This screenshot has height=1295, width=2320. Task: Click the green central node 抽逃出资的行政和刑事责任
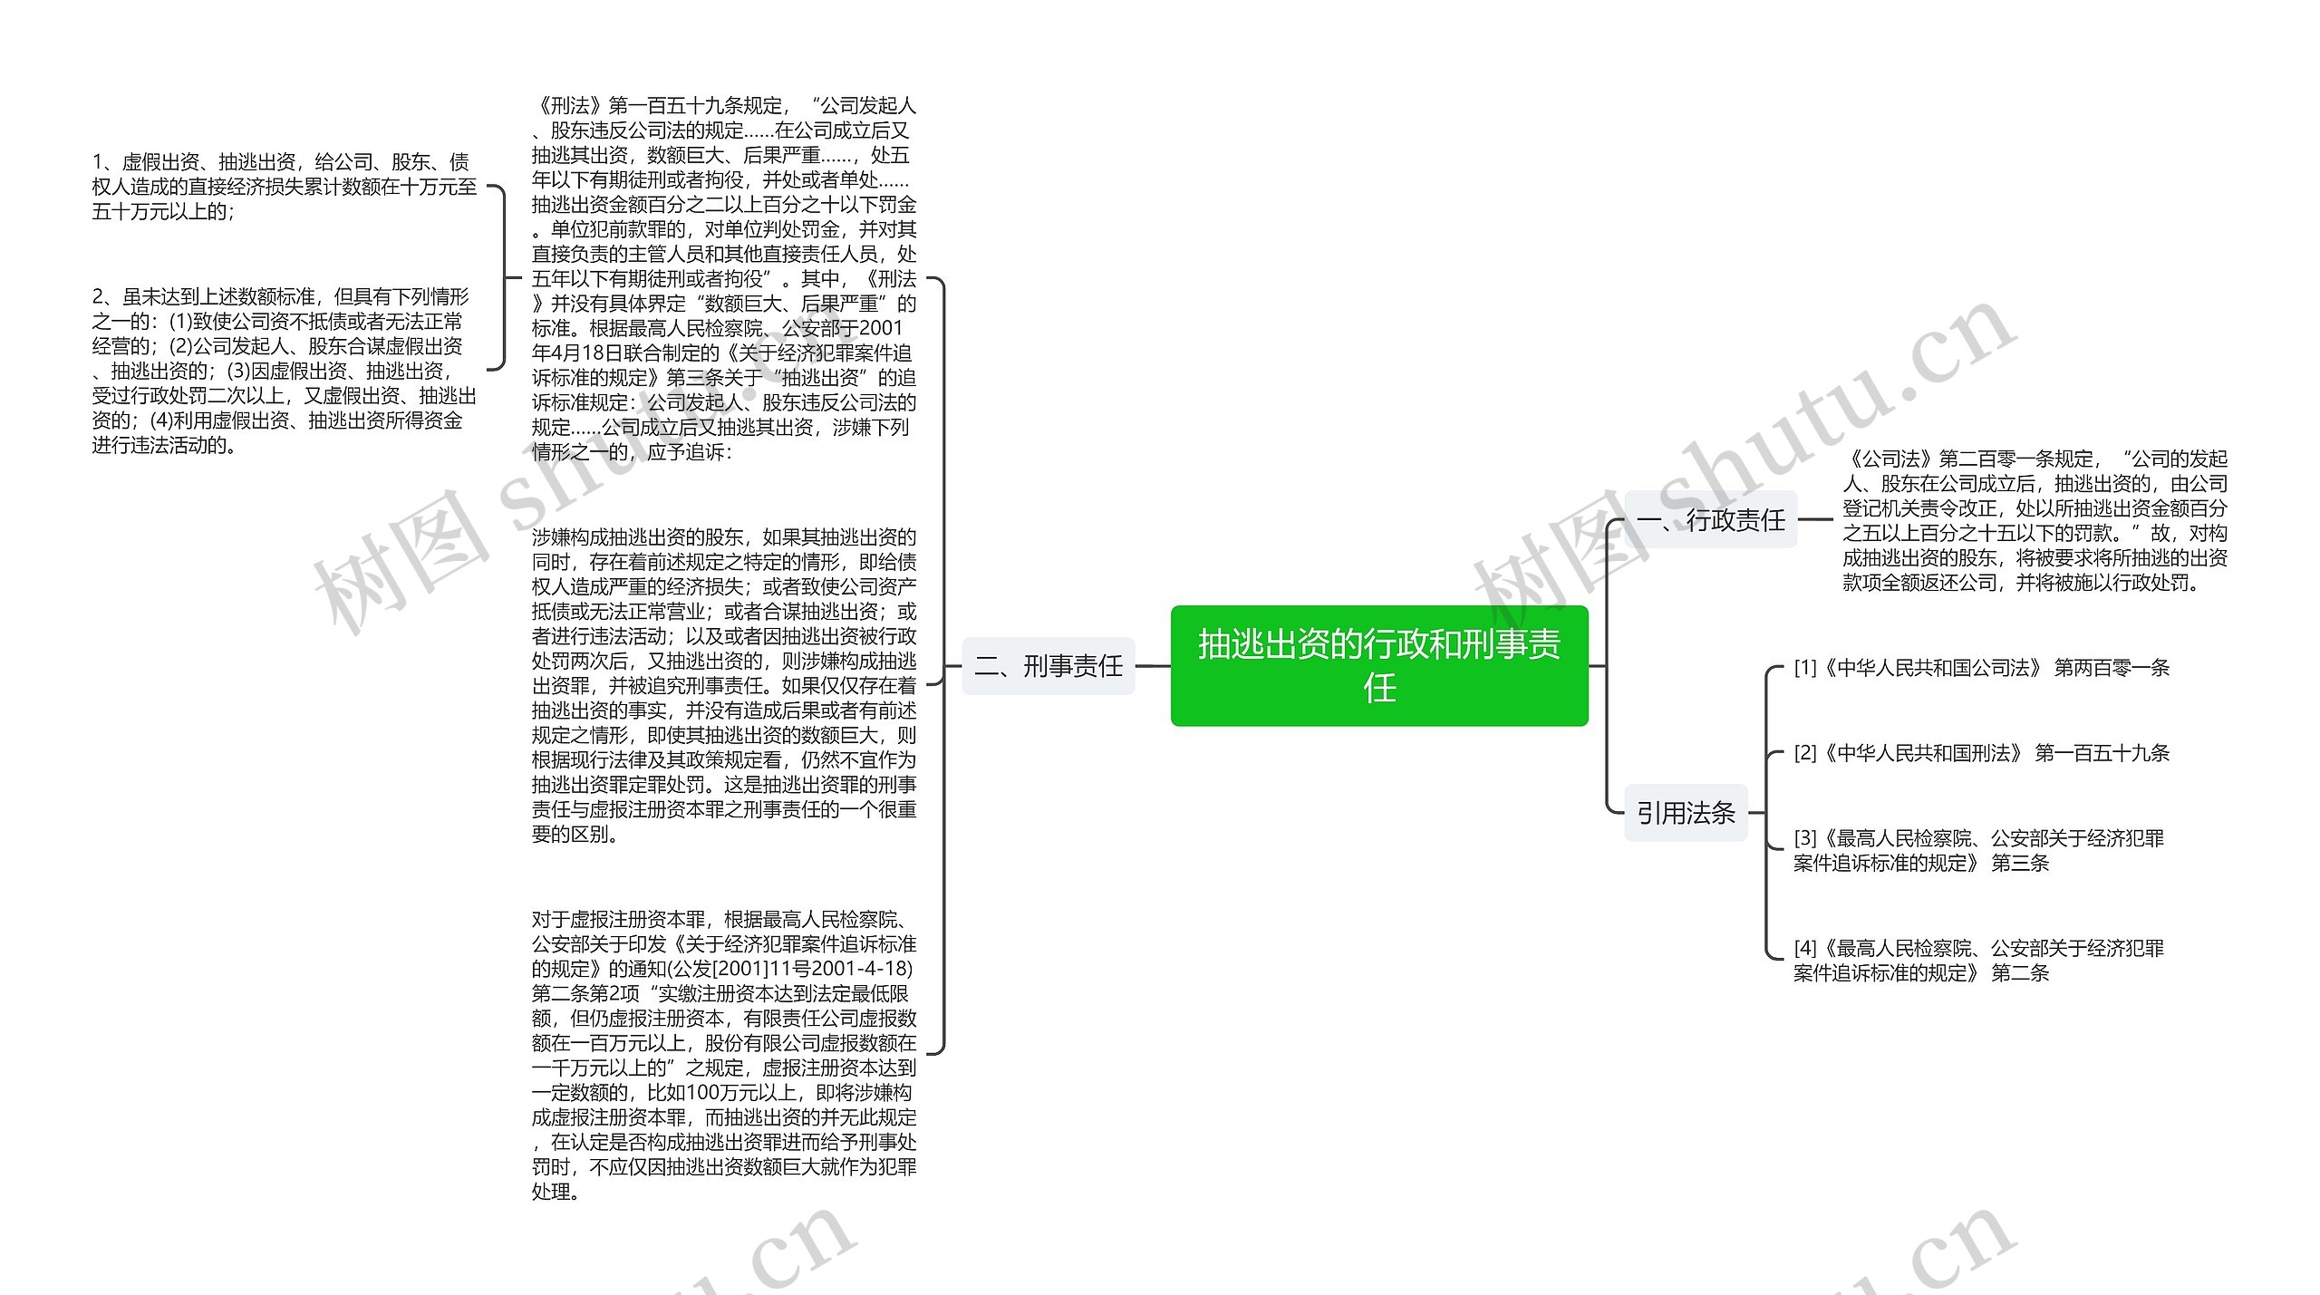click(1378, 666)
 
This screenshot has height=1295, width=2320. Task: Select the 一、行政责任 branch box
click(1710, 520)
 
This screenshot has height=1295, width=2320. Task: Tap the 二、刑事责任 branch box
click(1048, 666)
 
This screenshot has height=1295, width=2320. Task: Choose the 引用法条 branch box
click(1686, 813)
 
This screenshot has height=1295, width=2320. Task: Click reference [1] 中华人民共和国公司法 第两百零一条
click(1981, 668)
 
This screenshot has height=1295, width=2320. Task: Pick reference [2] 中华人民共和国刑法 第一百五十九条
click(1981, 753)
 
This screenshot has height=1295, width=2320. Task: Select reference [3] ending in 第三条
click(1977, 850)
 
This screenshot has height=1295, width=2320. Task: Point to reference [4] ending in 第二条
click(1977, 961)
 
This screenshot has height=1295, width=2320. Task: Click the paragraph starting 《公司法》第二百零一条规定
click(2034, 521)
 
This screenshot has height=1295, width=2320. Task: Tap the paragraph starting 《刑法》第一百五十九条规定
click(723, 279)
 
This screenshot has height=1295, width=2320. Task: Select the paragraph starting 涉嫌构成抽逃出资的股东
click(723, 685)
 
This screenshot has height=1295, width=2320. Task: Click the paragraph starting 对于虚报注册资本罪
click(723, 1055)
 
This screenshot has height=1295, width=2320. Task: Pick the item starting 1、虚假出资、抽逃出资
click(284, 187)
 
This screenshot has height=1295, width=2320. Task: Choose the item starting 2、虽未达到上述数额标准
click(284, 371)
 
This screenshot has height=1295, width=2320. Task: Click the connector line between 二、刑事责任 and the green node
click(1153, 666)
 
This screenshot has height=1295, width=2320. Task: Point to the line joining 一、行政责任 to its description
click(1815, 520)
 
